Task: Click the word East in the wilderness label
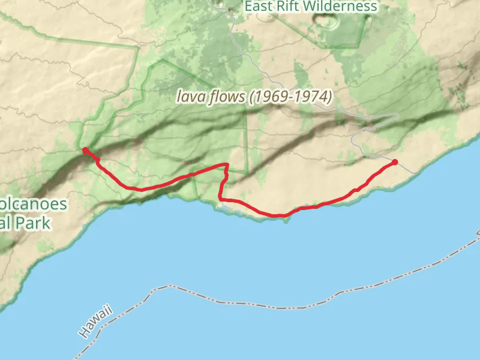click(x=260, y=7)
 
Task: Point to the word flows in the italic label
click(x=224, y=97)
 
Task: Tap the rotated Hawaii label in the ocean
click(x=95, y=321)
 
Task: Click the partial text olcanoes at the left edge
click(x=34, y=204)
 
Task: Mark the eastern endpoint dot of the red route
click(x=395, y=162)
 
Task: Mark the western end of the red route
click(x=85, y=149)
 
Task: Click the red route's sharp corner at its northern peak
click(x=227, y=164)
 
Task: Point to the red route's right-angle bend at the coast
click(x=220, y=198)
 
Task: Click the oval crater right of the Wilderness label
click(x=328, y=22)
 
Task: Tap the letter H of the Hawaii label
click(x=83, y=332)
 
